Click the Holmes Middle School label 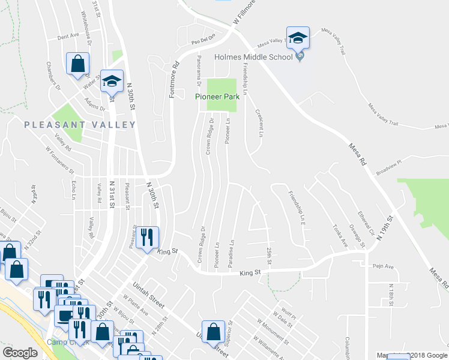pos(254,58)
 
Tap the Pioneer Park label pos(217,96)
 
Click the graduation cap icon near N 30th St pos(112,82)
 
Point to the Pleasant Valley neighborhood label pos(80,124)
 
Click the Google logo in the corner pos(20,352)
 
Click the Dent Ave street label pos(68,36)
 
